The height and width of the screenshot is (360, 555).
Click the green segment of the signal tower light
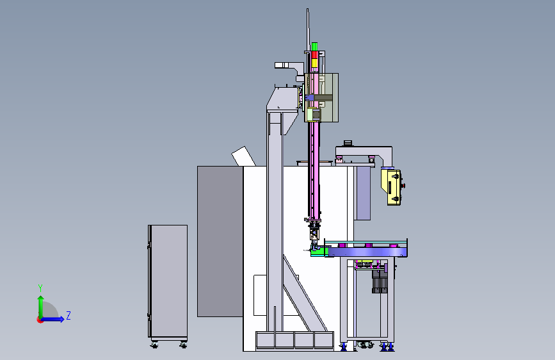(x=314, y=47)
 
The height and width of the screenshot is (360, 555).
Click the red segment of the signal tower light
(x=314, y=55)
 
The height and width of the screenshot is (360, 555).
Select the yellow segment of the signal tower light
(x=314, y=63)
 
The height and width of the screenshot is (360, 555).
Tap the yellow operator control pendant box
(x=391, y=187)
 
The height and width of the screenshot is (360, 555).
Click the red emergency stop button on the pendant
(x=403, y=185)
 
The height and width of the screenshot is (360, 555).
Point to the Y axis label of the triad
(x=40, y=288)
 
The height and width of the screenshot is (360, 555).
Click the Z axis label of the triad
(x=68, y=315)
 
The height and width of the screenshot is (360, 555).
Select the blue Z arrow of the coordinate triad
(x=52, y=319)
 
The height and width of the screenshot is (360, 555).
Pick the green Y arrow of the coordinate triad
(x=41, y=307)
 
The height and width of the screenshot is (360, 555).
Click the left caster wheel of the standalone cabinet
(x=154, y=345)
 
